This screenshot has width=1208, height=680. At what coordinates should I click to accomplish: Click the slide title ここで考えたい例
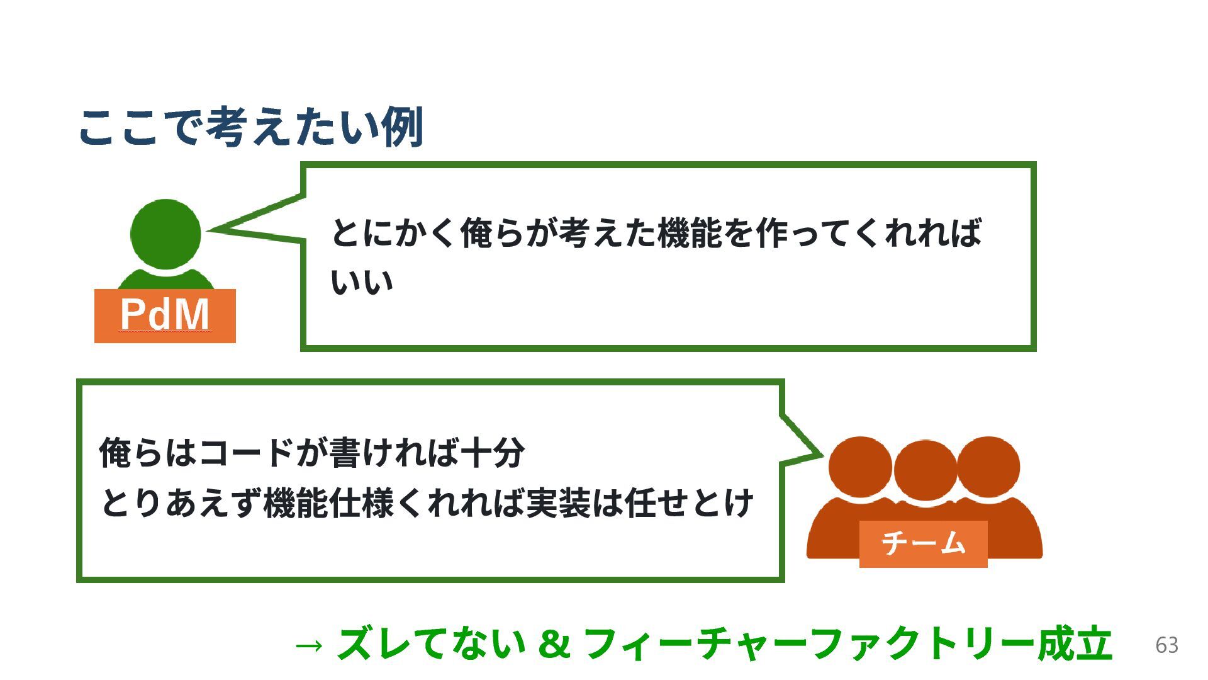point(250,128)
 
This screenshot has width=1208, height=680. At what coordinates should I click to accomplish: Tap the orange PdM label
point(165,315)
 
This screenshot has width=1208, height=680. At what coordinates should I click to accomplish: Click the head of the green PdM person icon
point(165,234)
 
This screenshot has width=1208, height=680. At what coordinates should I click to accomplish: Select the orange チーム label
point(923,543)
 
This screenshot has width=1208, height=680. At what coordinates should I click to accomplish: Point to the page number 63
point(1166,645)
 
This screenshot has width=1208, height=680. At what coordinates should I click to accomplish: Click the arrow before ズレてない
point(309,645)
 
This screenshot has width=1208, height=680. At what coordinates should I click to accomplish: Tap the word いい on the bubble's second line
point(362,283)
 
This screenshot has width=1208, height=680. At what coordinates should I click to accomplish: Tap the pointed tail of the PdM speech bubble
point(220,228)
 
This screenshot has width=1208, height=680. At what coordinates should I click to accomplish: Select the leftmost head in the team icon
point(860,467)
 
